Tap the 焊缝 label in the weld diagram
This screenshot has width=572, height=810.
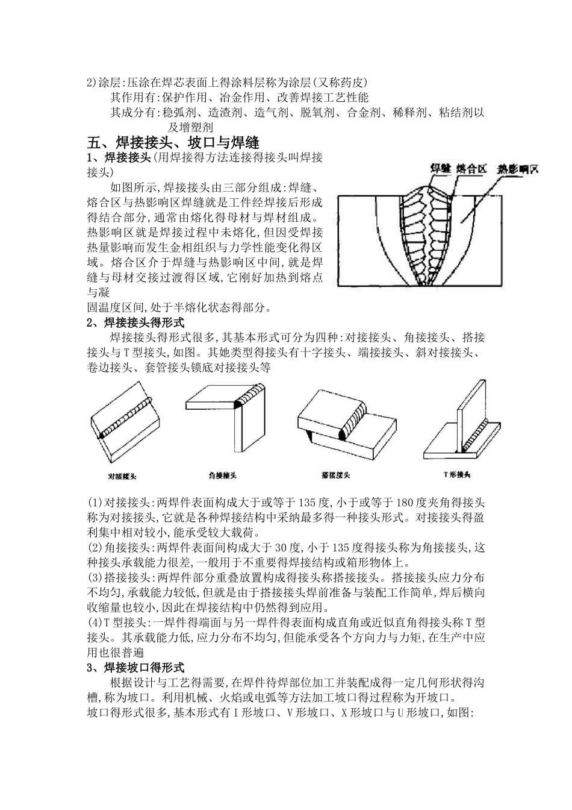point(441,169)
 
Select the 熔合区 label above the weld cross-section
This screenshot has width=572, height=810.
point(471,169)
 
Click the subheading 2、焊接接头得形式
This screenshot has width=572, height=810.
point(140,323)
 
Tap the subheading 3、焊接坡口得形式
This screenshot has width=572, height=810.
point(140,667)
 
